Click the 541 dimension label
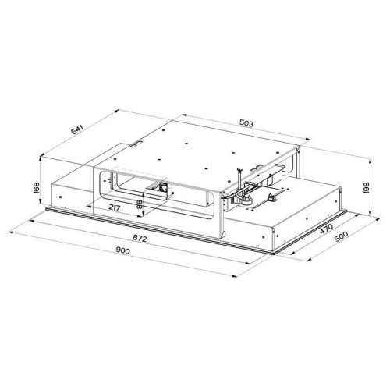77,129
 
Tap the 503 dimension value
246,123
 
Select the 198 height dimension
367,188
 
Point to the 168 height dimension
37,187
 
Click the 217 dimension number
115,208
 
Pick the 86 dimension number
139,204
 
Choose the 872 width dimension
140,239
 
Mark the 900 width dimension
122,250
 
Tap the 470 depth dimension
326,229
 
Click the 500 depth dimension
341,236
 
